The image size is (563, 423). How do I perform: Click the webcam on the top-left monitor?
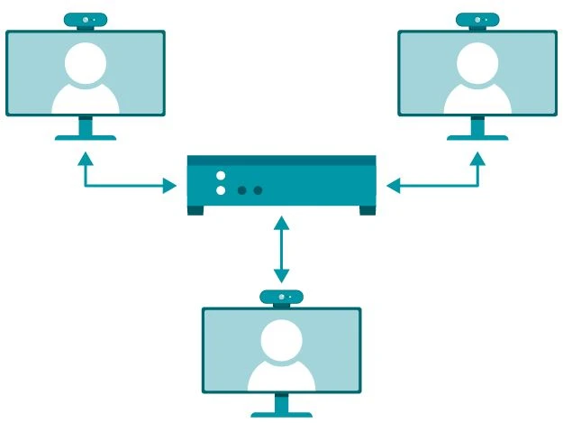click(86, 20)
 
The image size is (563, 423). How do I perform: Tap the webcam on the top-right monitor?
click(477, 20)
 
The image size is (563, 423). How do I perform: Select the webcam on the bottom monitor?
click(281, 297)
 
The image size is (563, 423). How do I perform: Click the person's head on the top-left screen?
click(86, 60)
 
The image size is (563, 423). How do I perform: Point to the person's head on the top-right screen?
click(477, 60)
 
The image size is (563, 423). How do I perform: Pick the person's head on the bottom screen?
click(281, 338)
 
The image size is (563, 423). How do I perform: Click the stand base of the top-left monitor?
click(86, 137)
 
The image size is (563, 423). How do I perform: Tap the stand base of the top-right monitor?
click(477, 137)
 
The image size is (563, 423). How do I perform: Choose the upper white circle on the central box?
click(221, 175)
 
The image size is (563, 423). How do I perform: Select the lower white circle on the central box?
click(221, 190)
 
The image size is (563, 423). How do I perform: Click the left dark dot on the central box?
click(241, 190)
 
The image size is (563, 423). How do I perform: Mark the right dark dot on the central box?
click(258, 190)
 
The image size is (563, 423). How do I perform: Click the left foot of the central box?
click(195, 211)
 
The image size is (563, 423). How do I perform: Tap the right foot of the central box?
click(367, 211)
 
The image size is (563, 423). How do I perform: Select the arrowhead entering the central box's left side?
click(171, 187)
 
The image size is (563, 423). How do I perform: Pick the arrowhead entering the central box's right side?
click(392, 187)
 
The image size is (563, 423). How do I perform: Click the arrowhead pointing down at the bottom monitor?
click(282, 275)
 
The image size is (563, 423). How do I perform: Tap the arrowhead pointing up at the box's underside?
click(282, 222)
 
